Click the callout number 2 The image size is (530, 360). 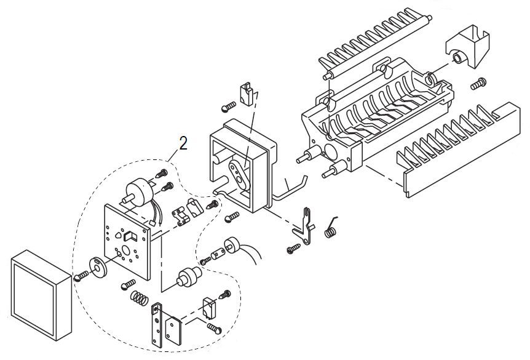click(x=183, y=143)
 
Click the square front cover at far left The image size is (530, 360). click(x=42, y=295)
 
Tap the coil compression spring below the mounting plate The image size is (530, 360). click(x=139, y=298)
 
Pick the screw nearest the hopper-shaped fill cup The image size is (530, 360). click(x=478, y=84)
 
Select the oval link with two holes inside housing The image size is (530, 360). click(x=239, y=175)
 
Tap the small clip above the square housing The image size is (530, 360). click(x=247, y=94)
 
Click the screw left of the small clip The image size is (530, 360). click(x=229, y=107)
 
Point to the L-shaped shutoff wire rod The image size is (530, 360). click(x=289, y=189)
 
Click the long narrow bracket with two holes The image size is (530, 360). click(x=157, y=324)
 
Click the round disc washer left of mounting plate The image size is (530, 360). click(x=97, y=268)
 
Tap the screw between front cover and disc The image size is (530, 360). click(x=81, y=276)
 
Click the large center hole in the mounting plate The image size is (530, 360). click(x=126, y=250)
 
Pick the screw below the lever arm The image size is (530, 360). click(x=293, y=249)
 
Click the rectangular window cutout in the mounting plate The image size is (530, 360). click(x=130, y=236)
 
